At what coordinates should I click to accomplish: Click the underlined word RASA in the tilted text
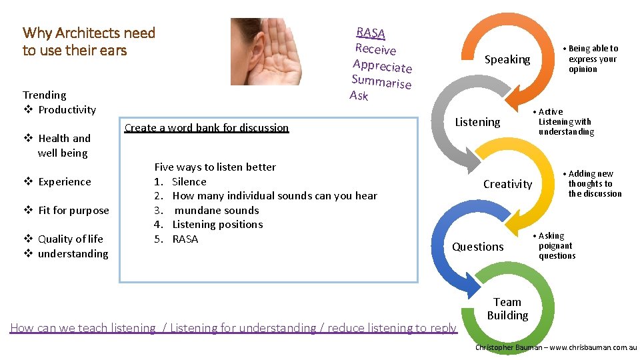pyautogui.click(x=371, y=33)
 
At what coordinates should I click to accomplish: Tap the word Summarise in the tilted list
pyautogui.click(x=381, y=81)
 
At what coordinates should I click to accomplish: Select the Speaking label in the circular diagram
pyautogui.click(x=507, y=60)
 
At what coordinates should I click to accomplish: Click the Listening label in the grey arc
pyautogui.click(x=477, y=122)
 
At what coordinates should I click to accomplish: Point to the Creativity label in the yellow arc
pyautogui.click(x=507, y=184)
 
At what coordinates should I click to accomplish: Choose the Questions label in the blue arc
pyautogui.click(x=478, y=247)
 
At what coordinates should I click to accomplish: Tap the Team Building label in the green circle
pyautogui.click(x=507, y=309)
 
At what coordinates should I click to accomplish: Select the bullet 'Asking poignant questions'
pyautogui.click(x=556, y=246)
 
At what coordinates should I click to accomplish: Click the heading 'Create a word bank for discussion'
pyautogui.click(x=207, y=127)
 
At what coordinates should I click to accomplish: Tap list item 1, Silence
pyautogui.click(x=189, y=181)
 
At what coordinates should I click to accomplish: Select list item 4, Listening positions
pyautogui.click(x=217, y=225)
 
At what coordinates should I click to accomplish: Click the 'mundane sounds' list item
pyautogui.click(x=217, y=210)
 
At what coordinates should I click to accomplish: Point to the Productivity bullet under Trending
pyautogui.click(x=67, y=110)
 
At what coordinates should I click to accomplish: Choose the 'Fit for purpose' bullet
pyautogui.click(x=73, y=211)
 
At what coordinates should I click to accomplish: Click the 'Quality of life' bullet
pyautogui.click(x=70, y=239)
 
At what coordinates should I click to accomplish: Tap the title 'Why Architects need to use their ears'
pyautogui.click(x=89, y=41)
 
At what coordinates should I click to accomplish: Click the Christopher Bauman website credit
pyautogui.click(x=556, y=347)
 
